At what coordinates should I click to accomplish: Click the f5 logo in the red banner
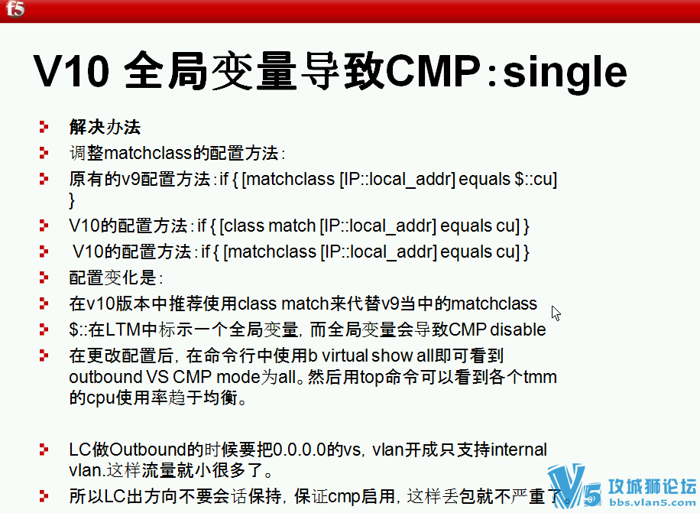[15, 8]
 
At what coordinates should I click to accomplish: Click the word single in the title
[565, 73]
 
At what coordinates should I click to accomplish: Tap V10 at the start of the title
[71, 70]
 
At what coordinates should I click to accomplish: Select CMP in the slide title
[433, 70]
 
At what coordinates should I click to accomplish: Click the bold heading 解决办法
[105, 127]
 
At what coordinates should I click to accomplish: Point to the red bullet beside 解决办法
[44, 127]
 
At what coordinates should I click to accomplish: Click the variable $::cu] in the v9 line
[536, 180]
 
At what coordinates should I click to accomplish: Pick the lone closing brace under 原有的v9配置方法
[72, 200]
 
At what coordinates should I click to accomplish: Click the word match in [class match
[292, 226]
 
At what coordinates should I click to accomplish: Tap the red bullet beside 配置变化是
[44, 278]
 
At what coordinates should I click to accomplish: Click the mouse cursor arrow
[556, 313]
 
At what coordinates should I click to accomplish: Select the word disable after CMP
[518, 330]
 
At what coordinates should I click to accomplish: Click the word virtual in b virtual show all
[345, 356]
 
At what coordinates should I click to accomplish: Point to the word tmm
[540, 377]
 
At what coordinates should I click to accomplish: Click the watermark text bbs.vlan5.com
[653, 503]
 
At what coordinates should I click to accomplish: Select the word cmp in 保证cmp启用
[344, 496]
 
